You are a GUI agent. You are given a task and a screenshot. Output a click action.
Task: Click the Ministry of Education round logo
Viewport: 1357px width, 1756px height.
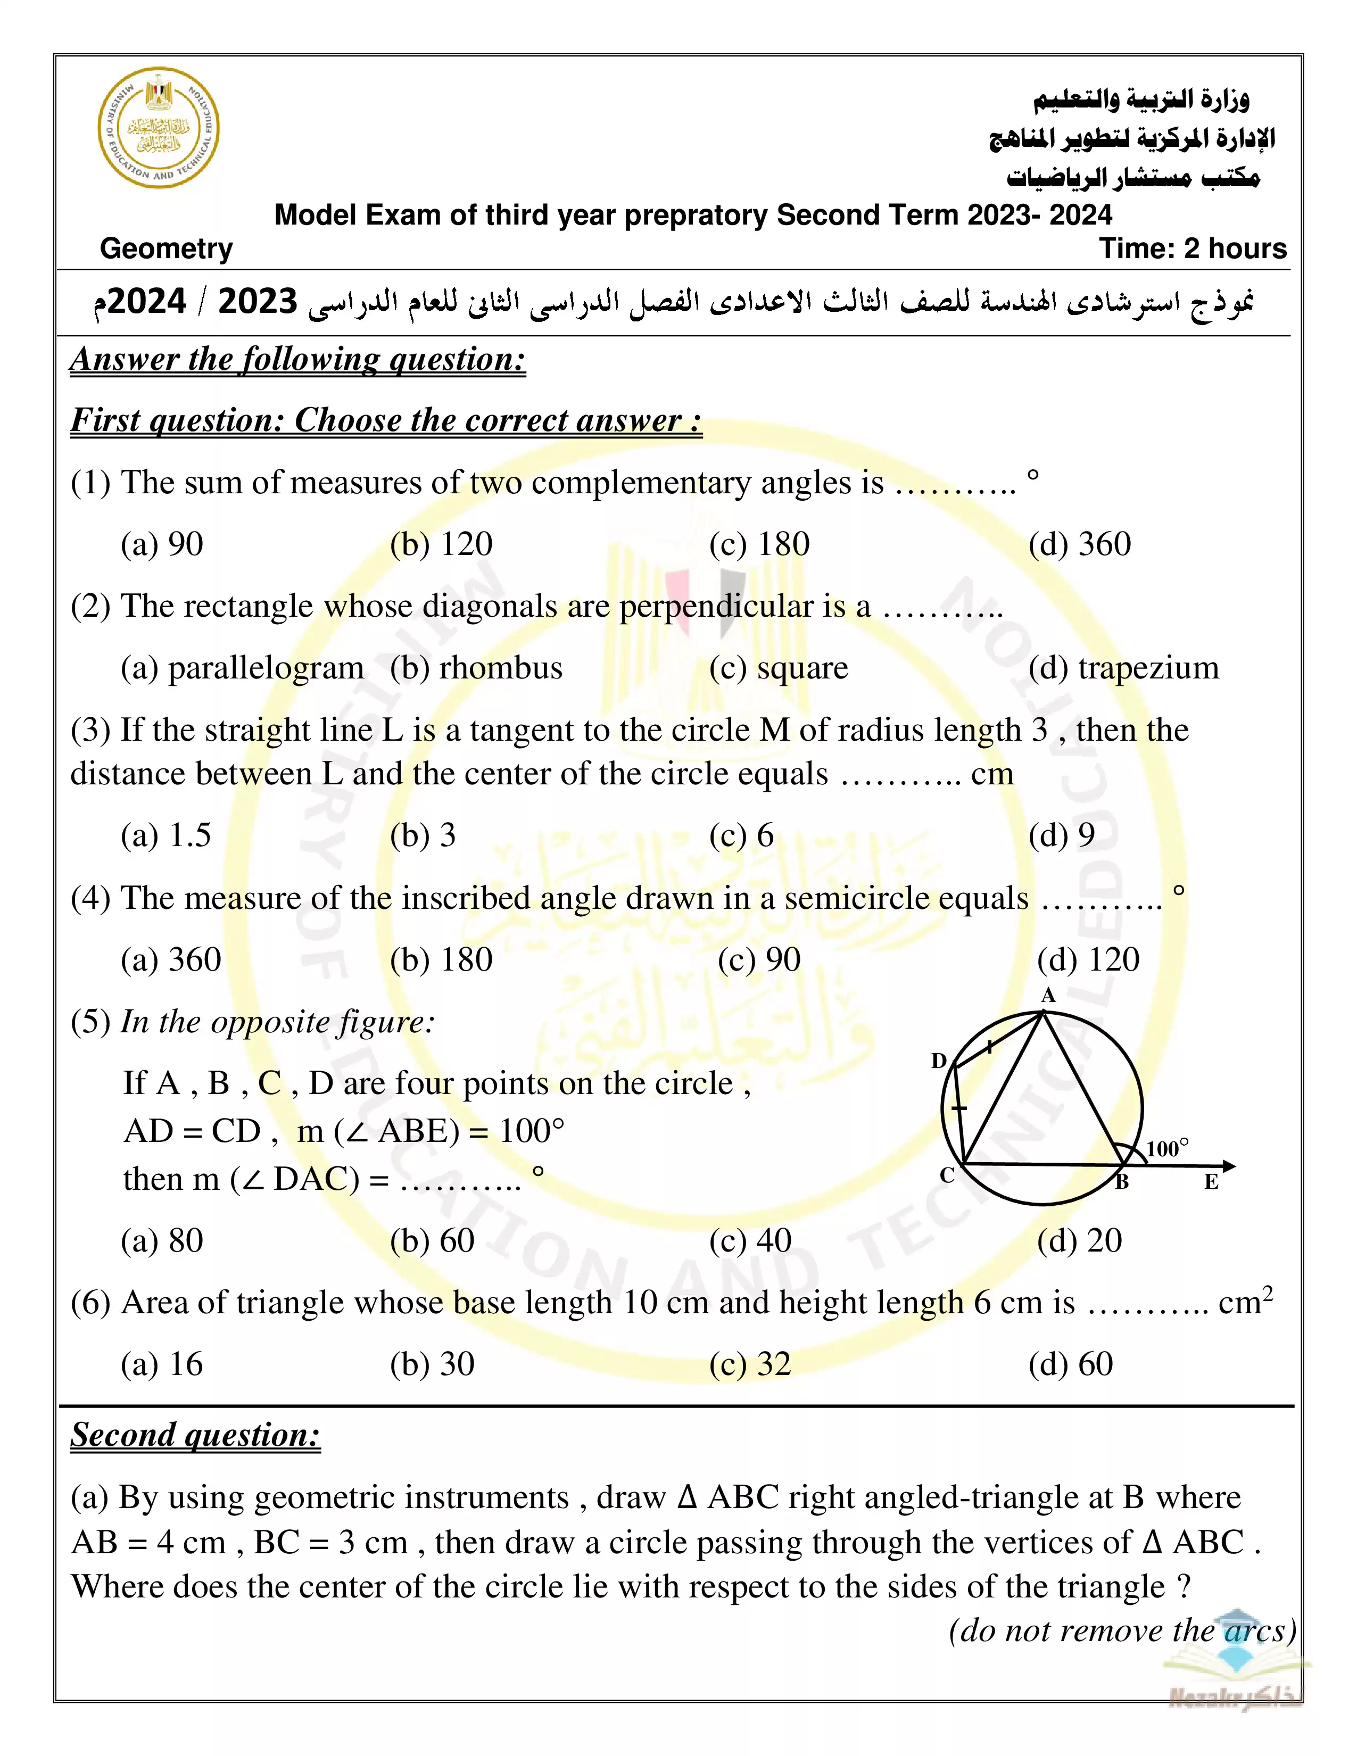coord(159,128)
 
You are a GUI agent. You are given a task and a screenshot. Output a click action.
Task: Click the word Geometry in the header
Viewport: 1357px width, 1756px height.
coord(167,249)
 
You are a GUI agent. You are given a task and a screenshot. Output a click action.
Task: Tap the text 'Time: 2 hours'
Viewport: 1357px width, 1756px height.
coord(1192,249)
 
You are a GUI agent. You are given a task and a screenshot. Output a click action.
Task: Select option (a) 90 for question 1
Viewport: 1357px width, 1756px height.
coord(162,544)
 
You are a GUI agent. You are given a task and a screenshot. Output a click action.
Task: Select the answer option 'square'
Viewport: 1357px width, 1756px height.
coord(778,668)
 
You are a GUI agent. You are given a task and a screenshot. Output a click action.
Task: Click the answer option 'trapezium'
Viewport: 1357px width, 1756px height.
coord(1123,668)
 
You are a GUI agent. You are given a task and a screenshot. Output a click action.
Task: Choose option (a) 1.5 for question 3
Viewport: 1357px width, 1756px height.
coord(166,835)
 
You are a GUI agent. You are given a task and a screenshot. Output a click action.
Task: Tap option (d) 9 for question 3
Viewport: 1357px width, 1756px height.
coord(1061,835)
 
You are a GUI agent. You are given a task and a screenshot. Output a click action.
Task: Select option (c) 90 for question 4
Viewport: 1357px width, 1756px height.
coord(759,959)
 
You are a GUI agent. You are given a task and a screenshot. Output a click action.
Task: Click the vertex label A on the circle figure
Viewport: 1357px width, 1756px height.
coord(1047,996)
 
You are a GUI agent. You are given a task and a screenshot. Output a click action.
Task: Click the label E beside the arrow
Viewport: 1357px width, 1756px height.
coord(1211,1182)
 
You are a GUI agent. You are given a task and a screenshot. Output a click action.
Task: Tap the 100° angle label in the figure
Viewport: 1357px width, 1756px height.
coord(1166,1148)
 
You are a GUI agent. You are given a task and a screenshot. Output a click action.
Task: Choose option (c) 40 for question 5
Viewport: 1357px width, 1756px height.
coord(750,1240)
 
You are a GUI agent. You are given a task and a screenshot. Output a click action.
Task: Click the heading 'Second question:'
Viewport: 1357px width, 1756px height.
coord(195,1435)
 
